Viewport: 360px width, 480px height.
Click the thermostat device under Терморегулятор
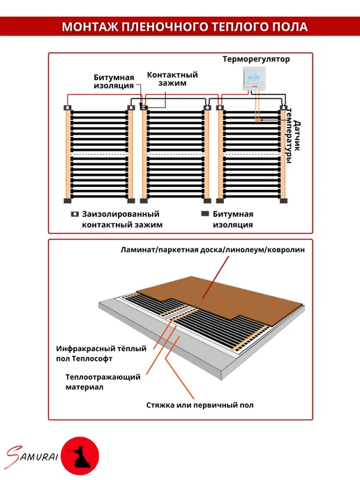[x=254, y=78]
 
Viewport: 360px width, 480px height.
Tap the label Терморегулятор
[x=256, y=59]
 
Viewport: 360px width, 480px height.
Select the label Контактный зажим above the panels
[x=172, y=79]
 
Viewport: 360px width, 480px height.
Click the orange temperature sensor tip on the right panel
[x=257, y=120]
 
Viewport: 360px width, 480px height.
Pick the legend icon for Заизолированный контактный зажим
[x=75, y=214]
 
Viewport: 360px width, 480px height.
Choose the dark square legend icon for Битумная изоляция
[x=205, y=213]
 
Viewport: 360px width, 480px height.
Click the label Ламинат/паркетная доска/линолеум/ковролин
[x=213, y=250]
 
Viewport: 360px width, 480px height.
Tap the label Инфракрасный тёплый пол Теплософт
[x=101, y=353]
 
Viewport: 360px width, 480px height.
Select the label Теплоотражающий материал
[x=103, y=382]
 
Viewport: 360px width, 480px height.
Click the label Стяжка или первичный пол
[x=200, y=405]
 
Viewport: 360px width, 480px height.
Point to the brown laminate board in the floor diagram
[x=220, y=299]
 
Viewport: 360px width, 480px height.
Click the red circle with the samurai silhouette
[x=80, y=456]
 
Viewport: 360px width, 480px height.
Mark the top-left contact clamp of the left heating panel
[x=68, y=107]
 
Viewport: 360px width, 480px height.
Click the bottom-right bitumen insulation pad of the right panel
[x=283, y=201]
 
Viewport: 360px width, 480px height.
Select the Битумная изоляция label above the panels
[x=114, y=82]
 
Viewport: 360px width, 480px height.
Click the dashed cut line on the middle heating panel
[x=175, y=155]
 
